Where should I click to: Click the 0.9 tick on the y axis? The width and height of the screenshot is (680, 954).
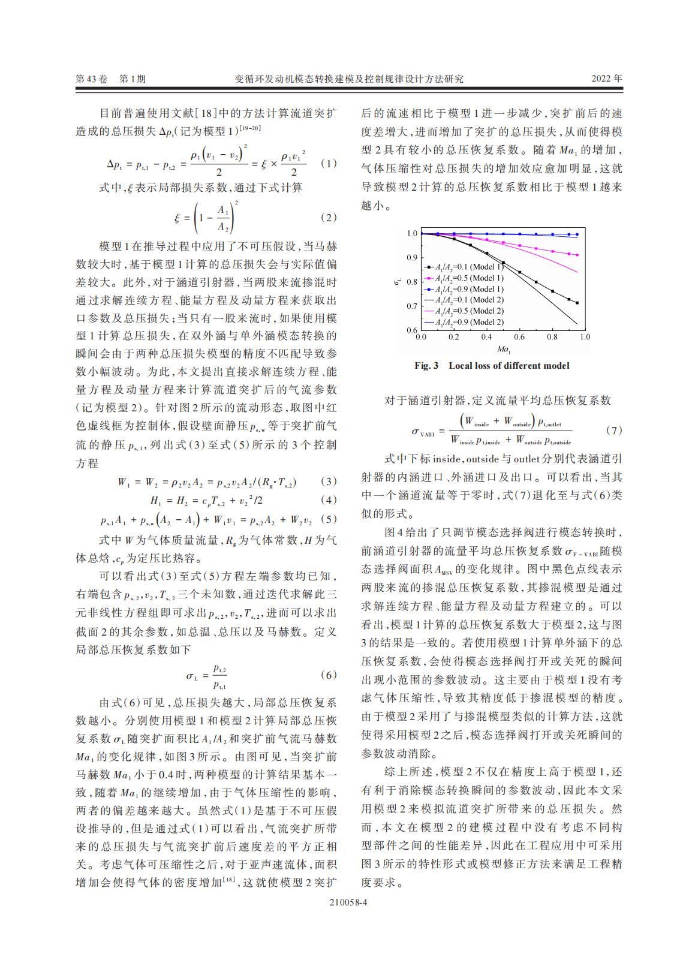point(411,258)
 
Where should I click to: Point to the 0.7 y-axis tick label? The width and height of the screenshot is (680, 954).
point(411,306)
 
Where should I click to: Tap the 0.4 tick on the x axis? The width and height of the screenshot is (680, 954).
point(486,337)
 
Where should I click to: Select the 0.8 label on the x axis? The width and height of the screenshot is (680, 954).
point(552,337)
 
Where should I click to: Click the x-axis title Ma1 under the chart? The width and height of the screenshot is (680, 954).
point(503,350)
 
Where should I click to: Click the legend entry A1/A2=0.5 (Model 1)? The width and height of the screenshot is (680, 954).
point(464,278)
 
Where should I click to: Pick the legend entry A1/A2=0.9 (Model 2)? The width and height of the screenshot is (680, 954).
point(464,321)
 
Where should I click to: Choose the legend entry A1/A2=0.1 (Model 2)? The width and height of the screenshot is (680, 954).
point(464,300)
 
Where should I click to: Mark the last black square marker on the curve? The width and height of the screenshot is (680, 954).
point(577,303)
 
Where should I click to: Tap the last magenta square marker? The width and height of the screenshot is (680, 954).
point(577,255)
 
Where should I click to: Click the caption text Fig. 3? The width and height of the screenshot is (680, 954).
point(426,366)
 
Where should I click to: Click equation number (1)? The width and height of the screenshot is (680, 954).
point(329,163)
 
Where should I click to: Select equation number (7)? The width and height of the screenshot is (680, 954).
point(614,430)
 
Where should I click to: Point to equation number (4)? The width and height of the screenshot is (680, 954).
point(329,499)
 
